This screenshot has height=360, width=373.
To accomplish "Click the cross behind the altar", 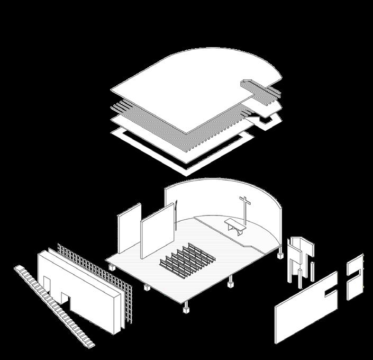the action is point(245,208).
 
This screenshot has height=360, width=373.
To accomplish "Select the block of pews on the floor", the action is point(187,257).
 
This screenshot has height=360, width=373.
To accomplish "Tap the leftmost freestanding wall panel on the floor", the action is point(129,228).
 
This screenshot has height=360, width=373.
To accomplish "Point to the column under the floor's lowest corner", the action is point(187,307).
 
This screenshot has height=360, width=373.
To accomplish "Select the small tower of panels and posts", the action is point(300,259).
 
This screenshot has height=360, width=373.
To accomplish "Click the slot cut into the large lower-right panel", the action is point(329,290).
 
